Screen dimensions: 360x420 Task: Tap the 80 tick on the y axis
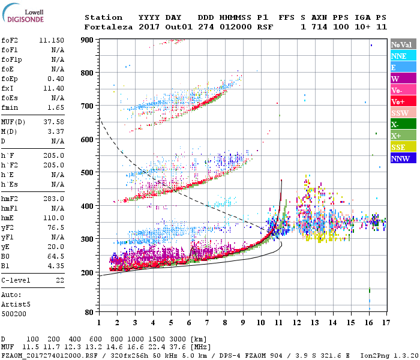(x=89, y=312)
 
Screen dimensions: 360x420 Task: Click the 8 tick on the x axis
(x=225, y=323)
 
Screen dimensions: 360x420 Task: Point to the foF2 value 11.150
(x=52, y=40)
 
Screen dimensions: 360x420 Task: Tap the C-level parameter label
(x=15, y=280)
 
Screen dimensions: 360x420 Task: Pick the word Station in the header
(x=103, y=17)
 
